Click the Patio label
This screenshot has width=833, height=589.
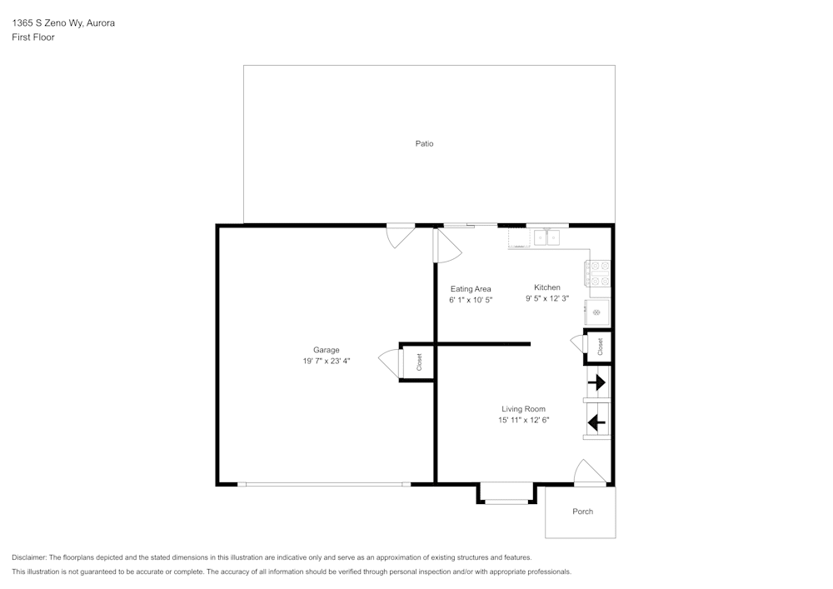pos(424,143)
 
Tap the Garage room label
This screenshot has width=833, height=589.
pos(326,350)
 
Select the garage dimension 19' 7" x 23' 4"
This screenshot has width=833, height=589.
pos(326,362)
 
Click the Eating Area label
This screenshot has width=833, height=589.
pos(471,289)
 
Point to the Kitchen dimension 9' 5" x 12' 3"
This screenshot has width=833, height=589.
pos(546,298)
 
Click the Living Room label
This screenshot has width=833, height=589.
pos(523,409)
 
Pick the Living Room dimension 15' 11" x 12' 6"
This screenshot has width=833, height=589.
pos(523,421)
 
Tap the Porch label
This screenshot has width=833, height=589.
pos(582,512)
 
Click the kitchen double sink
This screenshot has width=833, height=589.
pos(548,238)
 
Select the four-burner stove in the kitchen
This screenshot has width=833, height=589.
pos(599,273)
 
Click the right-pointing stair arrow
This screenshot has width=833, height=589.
pos(597,383)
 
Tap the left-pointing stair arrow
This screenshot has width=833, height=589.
pos(596,422)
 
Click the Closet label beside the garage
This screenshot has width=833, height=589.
pos(419,362)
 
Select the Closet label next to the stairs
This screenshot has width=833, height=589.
pos(600,346)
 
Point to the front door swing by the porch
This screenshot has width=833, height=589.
pos(588,472)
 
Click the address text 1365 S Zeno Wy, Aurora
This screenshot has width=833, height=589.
pos(62,23)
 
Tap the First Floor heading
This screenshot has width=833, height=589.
pos(33,37)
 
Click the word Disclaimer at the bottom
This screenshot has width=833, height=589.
pos(29,557)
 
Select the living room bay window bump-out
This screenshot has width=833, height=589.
pos(506,494)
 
